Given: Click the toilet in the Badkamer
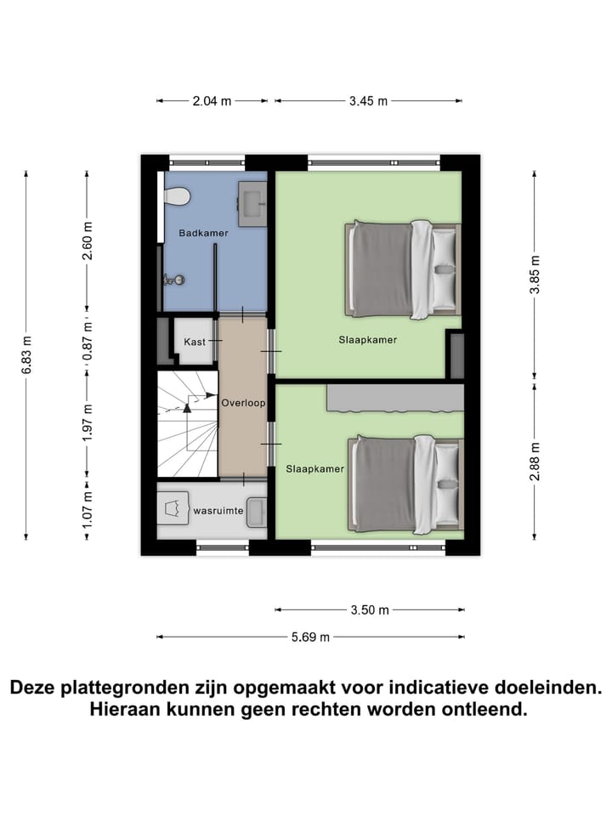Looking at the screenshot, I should pyautogui.click(x=177, y=196).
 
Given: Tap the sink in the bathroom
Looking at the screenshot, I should pyautogui.click(x=252, y=202).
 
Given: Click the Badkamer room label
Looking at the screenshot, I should pyautogui.click(x=196, y=232).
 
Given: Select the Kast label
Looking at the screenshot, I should pyautogui.click(x=195, y=342).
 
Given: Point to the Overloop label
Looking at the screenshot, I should pyautogui.click(x=243, y=402).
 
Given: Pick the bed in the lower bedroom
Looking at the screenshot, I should pyautogui.click(x=405, y=484).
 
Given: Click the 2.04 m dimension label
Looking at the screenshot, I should pyautogui.click(x=212, y=100).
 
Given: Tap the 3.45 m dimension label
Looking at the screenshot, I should pyautogui.click(x=368, y=100).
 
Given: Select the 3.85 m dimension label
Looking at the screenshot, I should pyautogui.click(x=534, y=275).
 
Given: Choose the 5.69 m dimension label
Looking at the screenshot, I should pyautogui.click(x=310, y=637).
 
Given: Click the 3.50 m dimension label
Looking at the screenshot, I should pyautogui.click(x=370, y=609).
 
